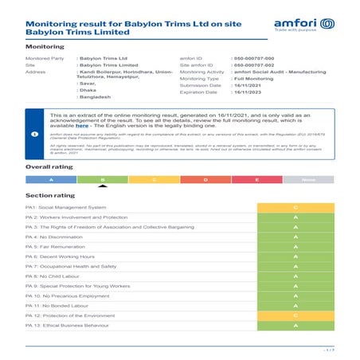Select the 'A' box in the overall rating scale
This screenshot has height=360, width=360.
(51, 180)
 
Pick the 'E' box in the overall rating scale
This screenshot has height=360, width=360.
(256, 180)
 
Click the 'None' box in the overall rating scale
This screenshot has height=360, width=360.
(308, 180)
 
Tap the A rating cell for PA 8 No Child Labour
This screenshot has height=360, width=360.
(295, 276)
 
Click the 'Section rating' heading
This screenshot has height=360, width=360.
(50, 195)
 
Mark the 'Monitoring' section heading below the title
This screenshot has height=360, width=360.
(45, 48)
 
